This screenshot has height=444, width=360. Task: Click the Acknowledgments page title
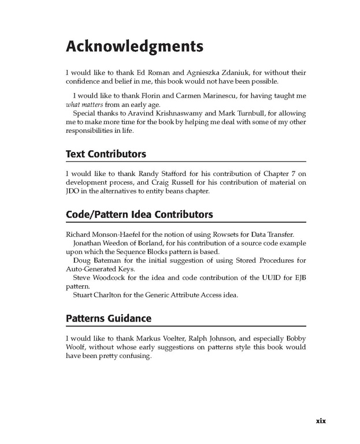pos(134,46)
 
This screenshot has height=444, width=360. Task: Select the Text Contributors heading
pos(106,154)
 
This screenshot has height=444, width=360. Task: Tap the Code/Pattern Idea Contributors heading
pos(139,214)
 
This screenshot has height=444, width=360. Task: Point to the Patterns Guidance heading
pos(109,318)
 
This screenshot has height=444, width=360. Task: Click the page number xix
pos(321,421)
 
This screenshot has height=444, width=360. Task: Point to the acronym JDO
pos(72,191)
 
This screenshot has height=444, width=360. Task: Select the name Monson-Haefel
pos(110,234)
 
